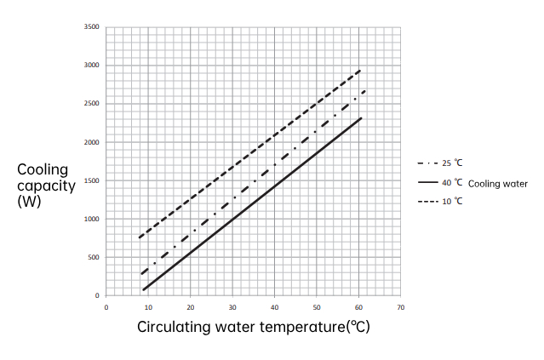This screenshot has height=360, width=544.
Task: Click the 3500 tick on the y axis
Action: click(x=93, y=27)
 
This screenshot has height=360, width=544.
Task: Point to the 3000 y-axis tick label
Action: click(x=93, y=66)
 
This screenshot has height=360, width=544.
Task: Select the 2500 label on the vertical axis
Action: click(x=93, y=104)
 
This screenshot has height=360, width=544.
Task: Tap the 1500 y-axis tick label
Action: click(x=93, y=180)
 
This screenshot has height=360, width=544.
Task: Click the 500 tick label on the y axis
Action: click(x=94, y=257)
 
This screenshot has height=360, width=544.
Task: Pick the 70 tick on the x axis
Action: click(x=400, y=306)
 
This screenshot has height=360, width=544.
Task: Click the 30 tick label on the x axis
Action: click(x=232, y=306)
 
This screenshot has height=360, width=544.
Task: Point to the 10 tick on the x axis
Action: click(x=148, y=306)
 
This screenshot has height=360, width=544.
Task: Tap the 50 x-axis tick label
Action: click(x=316, y=306)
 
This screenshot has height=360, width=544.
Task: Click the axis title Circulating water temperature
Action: click(x=254, y=327)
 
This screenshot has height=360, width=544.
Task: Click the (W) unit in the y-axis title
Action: click(x=30, y=201)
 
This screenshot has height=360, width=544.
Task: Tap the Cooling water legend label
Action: click(x=498, y=183)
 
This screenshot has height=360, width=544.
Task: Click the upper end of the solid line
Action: click(x=362, y=117)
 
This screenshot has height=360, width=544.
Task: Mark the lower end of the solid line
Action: click(x=143, y=290)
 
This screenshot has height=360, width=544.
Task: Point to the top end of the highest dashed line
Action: click(x=362, y=70)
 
